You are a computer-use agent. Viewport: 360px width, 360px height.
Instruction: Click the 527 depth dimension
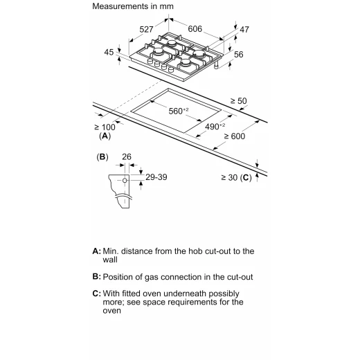point(146,30)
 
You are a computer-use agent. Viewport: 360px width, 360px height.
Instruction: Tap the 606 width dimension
point(195,29)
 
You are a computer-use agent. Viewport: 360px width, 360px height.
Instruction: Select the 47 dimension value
point(244,30)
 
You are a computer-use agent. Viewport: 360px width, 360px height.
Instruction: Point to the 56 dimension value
point(239,55)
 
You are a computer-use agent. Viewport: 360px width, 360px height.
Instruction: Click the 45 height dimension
point(109,52)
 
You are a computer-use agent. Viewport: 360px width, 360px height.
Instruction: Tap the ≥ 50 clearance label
point(239,101)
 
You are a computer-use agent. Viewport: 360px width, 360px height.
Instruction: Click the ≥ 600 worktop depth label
point(235,136)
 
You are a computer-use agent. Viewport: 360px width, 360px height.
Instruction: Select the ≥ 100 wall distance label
point(105,127)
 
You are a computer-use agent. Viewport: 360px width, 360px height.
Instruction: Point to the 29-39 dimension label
point(156,177)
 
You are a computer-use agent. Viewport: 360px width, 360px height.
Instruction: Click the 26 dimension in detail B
point(127,157)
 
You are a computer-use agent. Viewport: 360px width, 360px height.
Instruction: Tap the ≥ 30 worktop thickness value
point(229,177)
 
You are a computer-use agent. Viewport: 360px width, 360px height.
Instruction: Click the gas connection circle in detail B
point(125,180)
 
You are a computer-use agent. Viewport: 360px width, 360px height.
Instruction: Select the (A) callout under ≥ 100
point(105,136)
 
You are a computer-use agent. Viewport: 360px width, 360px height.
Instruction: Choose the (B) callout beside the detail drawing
point(102,157)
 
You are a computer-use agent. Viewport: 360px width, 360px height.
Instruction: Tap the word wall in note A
point(110,260)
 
